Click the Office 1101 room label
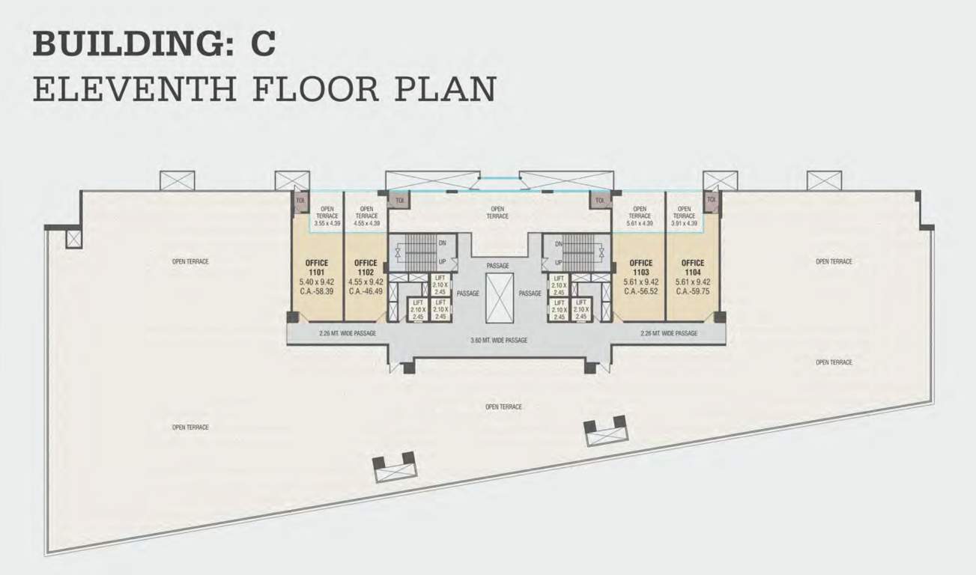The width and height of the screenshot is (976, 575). click(x=316, y=267)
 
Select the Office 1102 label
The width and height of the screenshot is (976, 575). click(x=366, y=267)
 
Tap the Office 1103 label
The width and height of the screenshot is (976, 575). click(x=640, y=267)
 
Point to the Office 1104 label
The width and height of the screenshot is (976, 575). click(x=693, y=267)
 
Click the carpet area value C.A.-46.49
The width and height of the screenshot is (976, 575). click(x=366, y=291)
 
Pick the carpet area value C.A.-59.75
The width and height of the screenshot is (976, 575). click(x=693, y=291)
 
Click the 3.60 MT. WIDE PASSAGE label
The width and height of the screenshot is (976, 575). click(x=499, y=340)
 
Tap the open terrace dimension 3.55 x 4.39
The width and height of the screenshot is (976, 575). click(x=327, y=223)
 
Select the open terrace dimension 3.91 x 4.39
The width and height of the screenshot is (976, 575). click(x=683, y=223)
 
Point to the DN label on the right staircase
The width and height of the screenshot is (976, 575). click(x=558, y=243)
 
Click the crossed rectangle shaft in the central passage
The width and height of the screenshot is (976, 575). click(x=499, y=297)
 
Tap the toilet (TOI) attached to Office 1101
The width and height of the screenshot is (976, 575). click(x=300, y=201)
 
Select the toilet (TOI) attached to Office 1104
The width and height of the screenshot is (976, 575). click(x=712, y=200)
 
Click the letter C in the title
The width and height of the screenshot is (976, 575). click(x=263, y=44)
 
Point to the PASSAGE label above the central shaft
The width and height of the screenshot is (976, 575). click(x=497, y=266)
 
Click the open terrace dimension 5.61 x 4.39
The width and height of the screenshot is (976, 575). click(x=640, y=223)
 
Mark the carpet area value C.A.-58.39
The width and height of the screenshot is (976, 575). click(x=316, y=291)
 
